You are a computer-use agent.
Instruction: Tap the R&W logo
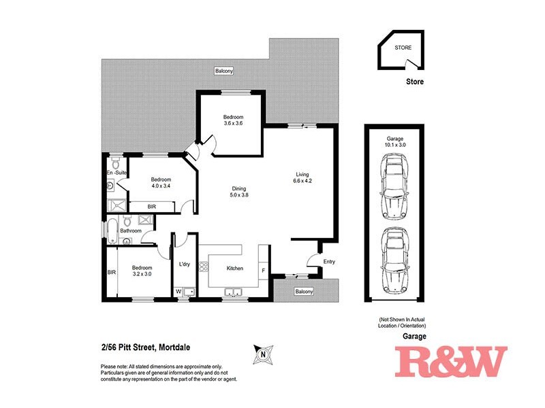452,362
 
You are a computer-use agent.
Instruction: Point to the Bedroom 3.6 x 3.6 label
232,120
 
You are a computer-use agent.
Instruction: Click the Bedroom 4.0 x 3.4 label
160,183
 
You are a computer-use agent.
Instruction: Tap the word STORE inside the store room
403,47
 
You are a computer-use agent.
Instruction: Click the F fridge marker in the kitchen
264,271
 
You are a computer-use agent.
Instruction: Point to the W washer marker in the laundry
179,292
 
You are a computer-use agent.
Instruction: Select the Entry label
329,262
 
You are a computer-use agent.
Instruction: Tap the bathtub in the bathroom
111,230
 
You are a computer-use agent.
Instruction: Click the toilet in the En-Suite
116,164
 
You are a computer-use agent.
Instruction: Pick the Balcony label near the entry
304,292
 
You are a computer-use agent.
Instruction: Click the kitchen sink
236,293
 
